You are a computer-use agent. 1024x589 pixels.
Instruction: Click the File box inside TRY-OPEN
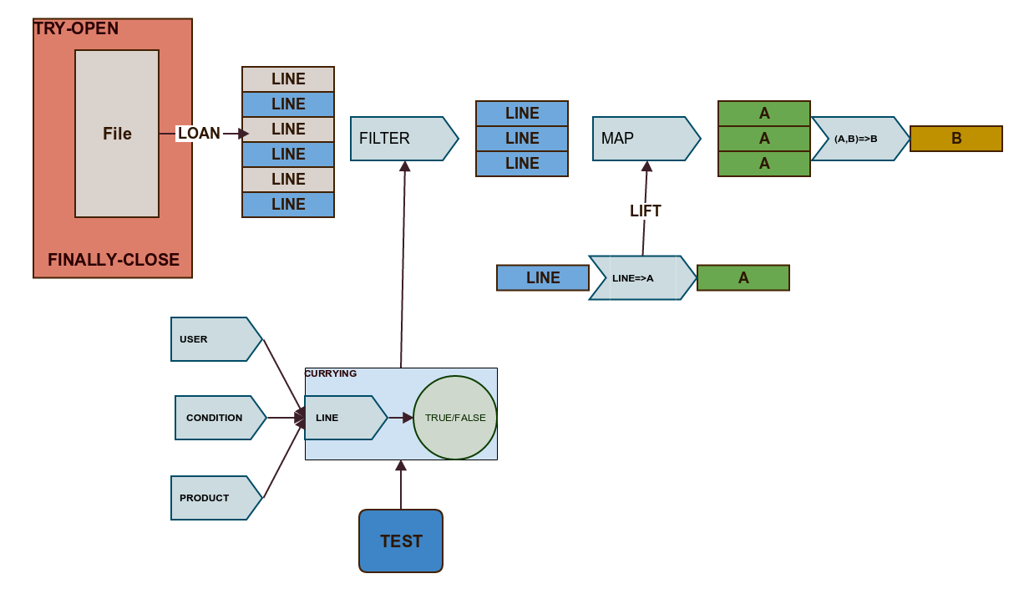[117, 134]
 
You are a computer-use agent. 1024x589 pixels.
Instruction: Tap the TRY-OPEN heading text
[76, 28]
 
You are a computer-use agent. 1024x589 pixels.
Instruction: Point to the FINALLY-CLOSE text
[114, 260]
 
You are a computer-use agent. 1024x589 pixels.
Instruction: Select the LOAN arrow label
[199, 134]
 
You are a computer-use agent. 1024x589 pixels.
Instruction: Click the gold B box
[956, 139]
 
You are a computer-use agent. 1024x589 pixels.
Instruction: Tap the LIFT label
[646, 211]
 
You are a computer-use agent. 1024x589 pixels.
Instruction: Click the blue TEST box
[401, 541]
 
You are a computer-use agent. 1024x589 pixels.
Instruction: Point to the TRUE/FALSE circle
[455, 418]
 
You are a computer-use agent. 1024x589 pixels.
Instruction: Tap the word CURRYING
[331, 373]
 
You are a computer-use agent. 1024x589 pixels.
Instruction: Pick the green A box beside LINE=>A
[743, 278]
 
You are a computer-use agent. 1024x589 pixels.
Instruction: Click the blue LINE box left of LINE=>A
[543, 278]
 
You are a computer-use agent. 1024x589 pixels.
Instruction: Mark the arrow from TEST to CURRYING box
[401, 486]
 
